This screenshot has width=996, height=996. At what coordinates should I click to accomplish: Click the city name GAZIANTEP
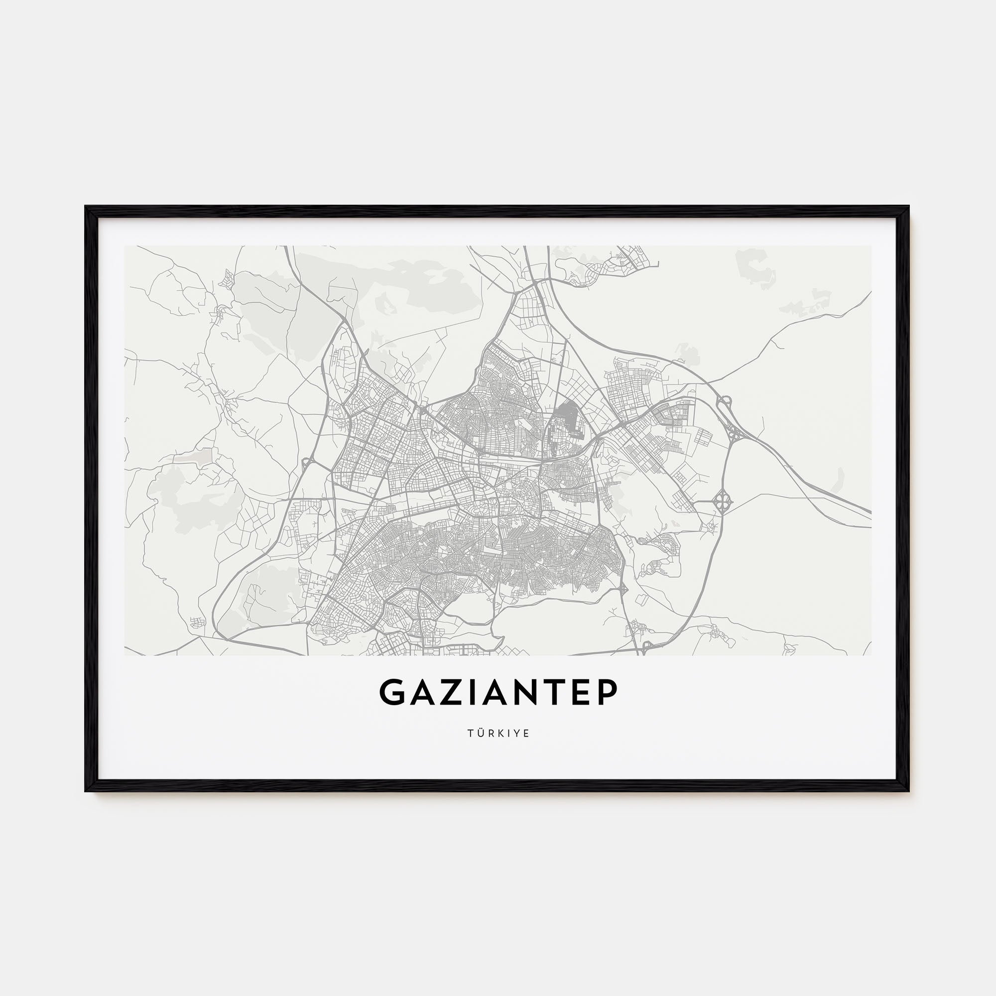(x=498, y=692)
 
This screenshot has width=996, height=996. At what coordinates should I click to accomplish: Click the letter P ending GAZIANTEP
(x=607, y=692)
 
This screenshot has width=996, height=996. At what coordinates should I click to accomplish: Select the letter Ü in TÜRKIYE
(x=481, y=733)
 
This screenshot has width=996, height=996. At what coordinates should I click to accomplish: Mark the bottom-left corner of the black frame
(x=86, y=790)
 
